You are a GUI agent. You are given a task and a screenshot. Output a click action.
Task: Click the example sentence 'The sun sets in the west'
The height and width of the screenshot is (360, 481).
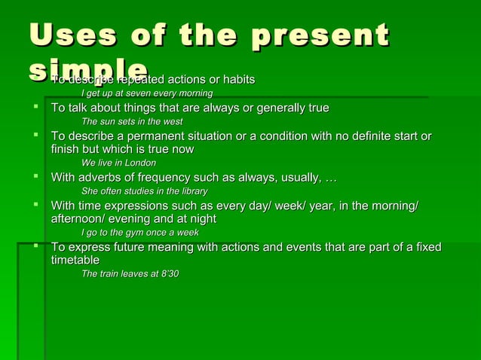click(x=131, y=121)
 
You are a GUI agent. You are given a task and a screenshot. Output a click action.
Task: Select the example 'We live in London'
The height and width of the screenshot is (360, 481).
click(x=118, y=163)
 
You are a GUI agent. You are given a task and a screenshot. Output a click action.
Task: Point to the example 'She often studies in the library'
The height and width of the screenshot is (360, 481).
click(x=144, y=191)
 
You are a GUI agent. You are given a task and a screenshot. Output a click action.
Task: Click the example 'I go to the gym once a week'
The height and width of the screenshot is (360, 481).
click(x=139, y=233)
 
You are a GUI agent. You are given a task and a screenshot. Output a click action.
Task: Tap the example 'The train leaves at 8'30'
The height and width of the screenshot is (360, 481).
click(x=130, y=273)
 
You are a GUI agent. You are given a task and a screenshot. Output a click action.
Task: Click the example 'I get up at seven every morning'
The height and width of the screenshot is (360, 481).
click(x=146, y=93)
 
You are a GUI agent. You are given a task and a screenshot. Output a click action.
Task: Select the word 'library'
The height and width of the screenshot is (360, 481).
click(x=191, y=191)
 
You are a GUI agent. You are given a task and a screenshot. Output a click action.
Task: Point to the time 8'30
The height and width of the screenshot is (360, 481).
click(x=170, y=273)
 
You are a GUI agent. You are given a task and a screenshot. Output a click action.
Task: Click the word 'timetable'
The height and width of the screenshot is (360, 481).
click(x=75, y=260)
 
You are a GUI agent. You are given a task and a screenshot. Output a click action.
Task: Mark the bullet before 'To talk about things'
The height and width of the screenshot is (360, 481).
click(x=35, y=107)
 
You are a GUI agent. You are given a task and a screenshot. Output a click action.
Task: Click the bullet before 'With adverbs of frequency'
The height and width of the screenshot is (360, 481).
click(x=35, y=176)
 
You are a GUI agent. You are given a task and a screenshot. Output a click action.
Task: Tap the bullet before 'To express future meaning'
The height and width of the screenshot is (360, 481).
click(x=35, y=246)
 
